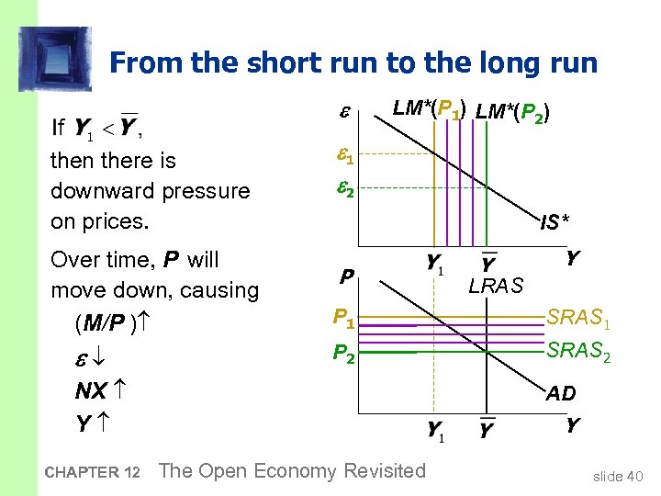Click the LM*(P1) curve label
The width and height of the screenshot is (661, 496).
[x=428, y=109]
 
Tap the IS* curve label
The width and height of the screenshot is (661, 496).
[x=555, y=221]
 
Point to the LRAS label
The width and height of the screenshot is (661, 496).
[x=496, y=287]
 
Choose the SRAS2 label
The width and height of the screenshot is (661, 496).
[x=578, y=350]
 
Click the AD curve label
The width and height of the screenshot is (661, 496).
[x=561, y=393]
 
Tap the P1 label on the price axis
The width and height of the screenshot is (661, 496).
[x=344, y=319]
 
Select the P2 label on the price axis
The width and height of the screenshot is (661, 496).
[x=344, y=354]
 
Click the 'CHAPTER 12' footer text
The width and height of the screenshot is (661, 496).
[x=92, y=473]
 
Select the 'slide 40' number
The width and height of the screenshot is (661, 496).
[x=620, y=475]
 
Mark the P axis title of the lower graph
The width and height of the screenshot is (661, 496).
[x=346, y=276]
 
